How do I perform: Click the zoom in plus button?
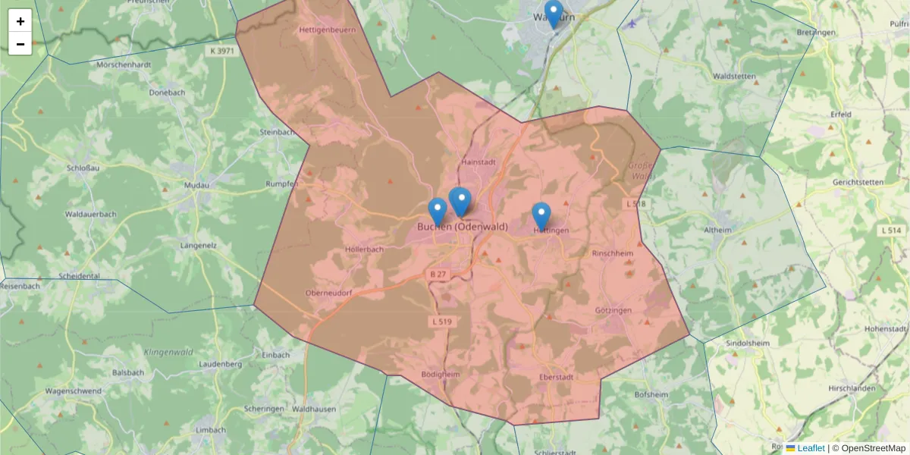pyautogui.click(x=20, y=21)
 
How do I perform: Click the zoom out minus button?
pyautogui.click(x=20, y=44)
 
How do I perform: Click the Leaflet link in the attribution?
pyautogui.click(x=811, y=448)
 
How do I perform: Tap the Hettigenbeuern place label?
pyautogui.click(x=328, y=30)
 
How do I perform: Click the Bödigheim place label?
pyautogui.click(x=440, y=375)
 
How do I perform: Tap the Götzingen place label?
pyautogui.click(x=613, y=311)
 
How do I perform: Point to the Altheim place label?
pyautogui.click(x=718, y=230)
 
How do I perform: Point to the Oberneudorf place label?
pyautogui.click(x=328, y=293)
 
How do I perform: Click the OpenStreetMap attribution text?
pyautogui.click(x=873, y=448)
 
